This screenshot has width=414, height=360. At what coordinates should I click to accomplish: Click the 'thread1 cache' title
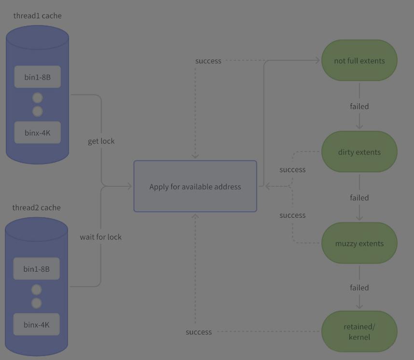38,16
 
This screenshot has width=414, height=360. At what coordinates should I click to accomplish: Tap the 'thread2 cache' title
37,208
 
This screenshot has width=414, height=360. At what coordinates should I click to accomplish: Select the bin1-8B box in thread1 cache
38,77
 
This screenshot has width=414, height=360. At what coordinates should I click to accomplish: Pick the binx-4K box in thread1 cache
38,133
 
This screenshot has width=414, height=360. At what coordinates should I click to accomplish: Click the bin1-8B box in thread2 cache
37,269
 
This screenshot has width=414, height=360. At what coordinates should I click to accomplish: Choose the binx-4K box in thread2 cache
37,324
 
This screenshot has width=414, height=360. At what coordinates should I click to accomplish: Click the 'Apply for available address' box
195,186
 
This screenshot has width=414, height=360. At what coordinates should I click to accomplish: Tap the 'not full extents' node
359,60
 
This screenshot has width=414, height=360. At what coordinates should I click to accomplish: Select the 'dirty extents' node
359,152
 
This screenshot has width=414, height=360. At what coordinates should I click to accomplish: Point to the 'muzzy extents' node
359,243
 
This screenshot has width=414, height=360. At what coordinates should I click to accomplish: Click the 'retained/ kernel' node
359,332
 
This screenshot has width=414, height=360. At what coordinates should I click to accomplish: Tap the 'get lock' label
101,141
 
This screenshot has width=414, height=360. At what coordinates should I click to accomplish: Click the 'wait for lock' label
101,237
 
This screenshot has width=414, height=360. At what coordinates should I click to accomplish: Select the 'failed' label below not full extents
359,107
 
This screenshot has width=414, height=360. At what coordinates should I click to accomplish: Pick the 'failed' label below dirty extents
359,197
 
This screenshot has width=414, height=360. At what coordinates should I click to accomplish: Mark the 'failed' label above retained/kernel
359,288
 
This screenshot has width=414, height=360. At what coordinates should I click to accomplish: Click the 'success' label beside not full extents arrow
208,61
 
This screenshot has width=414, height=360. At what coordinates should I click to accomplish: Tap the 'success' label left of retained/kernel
199,332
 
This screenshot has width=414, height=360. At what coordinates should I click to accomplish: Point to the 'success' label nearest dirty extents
292,169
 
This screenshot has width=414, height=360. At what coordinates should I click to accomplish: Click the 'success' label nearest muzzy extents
292,215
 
